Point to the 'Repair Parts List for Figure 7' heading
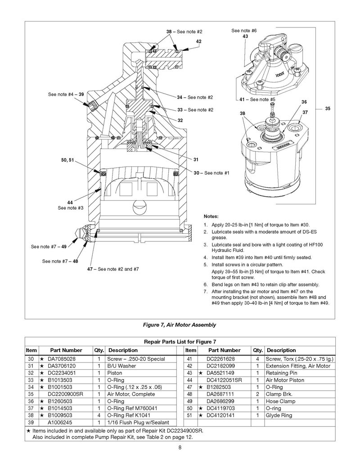click(x=180, y=342)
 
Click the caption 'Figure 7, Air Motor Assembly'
click(x=180, y=325)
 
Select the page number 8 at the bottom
click(x=180, y=448)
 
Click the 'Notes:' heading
click(x=211, y=216)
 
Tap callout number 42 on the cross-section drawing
click(x=198, y=41)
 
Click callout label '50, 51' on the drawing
click(x=74, y=160)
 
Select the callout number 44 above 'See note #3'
click(x=70, y=202)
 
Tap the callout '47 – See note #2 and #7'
click(x=112, y=269)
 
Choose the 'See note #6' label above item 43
click(x=244, y=31)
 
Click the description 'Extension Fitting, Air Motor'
click(x=298, y=366)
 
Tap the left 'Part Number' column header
click(x=66, y=350)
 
